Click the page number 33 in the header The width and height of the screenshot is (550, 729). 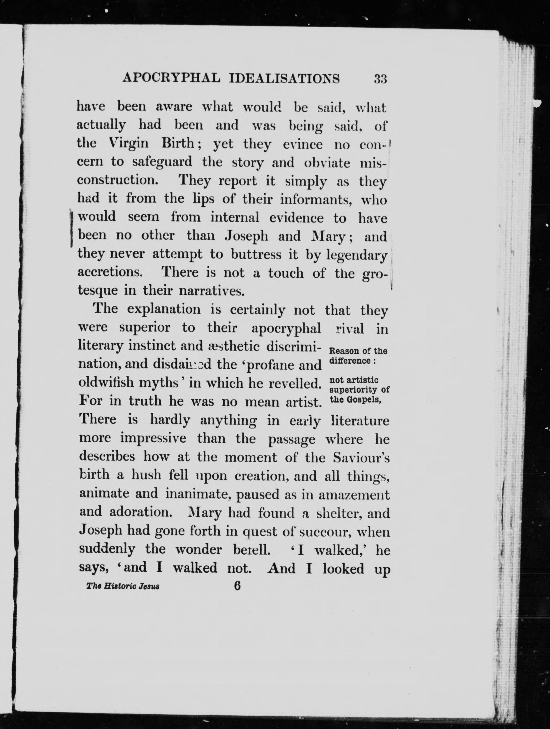(380, 79)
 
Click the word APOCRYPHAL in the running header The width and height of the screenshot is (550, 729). (171, 78)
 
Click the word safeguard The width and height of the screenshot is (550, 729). (162, 162)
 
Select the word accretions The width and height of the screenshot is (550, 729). (111, 272)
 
